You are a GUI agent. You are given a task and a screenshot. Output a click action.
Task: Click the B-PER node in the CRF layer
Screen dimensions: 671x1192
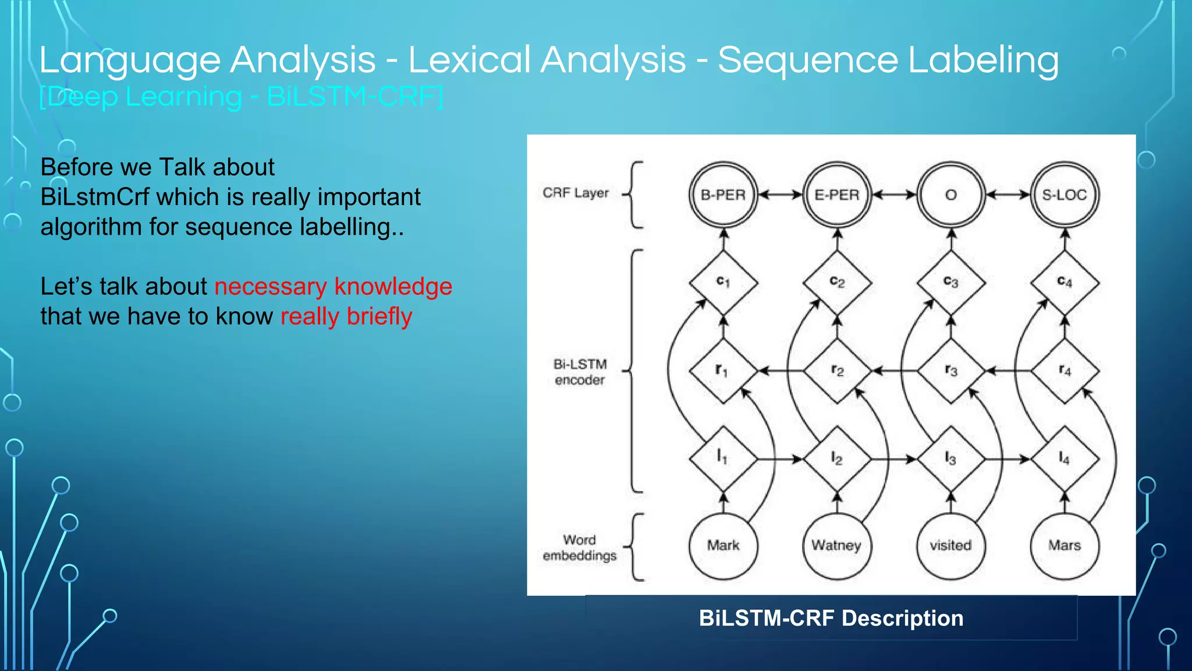[723, 195]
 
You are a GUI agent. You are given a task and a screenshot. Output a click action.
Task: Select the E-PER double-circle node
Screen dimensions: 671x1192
[836, 195]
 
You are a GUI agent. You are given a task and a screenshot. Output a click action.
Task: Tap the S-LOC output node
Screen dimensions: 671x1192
[1065, 195]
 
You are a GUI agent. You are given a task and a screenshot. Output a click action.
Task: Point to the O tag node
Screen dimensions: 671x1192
[950, 195]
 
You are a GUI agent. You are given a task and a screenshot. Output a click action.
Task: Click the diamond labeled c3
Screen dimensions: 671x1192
[950, 282]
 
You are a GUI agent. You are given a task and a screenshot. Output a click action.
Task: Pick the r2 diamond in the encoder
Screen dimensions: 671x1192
[837, 370]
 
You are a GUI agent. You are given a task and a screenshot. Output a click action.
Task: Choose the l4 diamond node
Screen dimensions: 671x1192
[1065, 459]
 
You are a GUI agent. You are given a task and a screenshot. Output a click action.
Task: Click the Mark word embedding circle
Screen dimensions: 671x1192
[723, 545]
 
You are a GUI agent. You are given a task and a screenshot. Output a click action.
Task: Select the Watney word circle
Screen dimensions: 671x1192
[836, 545]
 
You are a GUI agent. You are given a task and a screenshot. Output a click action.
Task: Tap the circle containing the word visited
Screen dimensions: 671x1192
[950, 545]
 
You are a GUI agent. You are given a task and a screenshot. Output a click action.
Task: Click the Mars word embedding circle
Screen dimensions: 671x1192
[1065, 545]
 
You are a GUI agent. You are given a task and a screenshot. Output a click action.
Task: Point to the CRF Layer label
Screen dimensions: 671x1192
[575, 193]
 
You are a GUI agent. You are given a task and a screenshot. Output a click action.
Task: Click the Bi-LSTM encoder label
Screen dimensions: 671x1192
[580, 372]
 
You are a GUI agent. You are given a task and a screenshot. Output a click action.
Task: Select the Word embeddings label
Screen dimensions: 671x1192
[579, 548]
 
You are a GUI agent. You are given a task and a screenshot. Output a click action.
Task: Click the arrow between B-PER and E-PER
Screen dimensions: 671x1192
[780, 195]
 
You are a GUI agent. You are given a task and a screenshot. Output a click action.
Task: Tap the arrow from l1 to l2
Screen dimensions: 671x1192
[780, 459]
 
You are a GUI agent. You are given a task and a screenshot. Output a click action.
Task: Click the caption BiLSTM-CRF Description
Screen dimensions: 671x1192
[831, 618]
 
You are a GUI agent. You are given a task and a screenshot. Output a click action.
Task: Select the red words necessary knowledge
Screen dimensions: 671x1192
[333, 287]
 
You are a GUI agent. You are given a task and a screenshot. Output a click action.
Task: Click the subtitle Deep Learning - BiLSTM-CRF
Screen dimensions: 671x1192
[241, 97]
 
